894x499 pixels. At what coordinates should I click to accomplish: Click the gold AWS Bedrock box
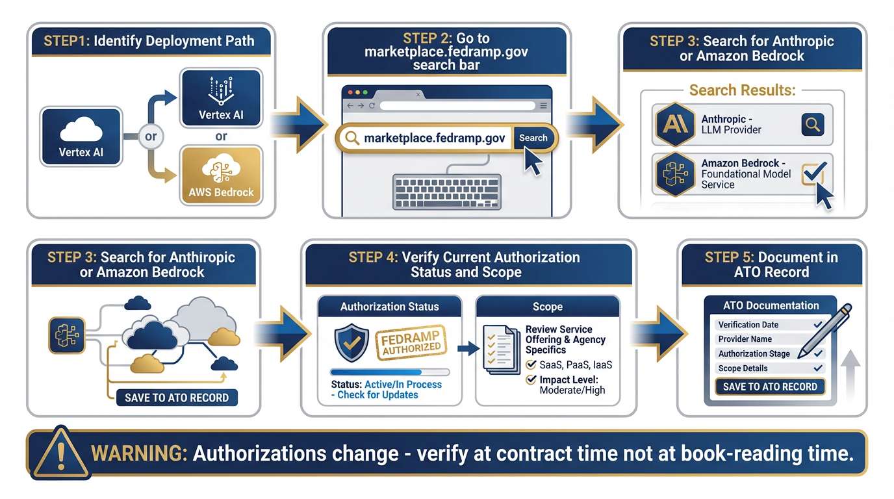(221, 175)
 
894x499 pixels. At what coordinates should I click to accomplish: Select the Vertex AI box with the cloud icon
(81, 137)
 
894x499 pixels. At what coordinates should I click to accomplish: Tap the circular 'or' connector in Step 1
(151, 137)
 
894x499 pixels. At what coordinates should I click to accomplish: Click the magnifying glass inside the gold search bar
(352, 138)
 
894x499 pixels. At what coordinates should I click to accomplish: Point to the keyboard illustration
(446, 191)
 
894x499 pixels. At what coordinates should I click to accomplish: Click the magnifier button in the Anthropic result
(813, 123)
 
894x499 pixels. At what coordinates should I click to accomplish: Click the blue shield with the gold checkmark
(351, 343)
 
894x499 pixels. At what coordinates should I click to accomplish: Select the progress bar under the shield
(390, 372)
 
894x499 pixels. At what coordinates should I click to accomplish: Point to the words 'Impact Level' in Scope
(569, 379)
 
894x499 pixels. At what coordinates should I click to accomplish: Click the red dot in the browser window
(346, 93)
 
